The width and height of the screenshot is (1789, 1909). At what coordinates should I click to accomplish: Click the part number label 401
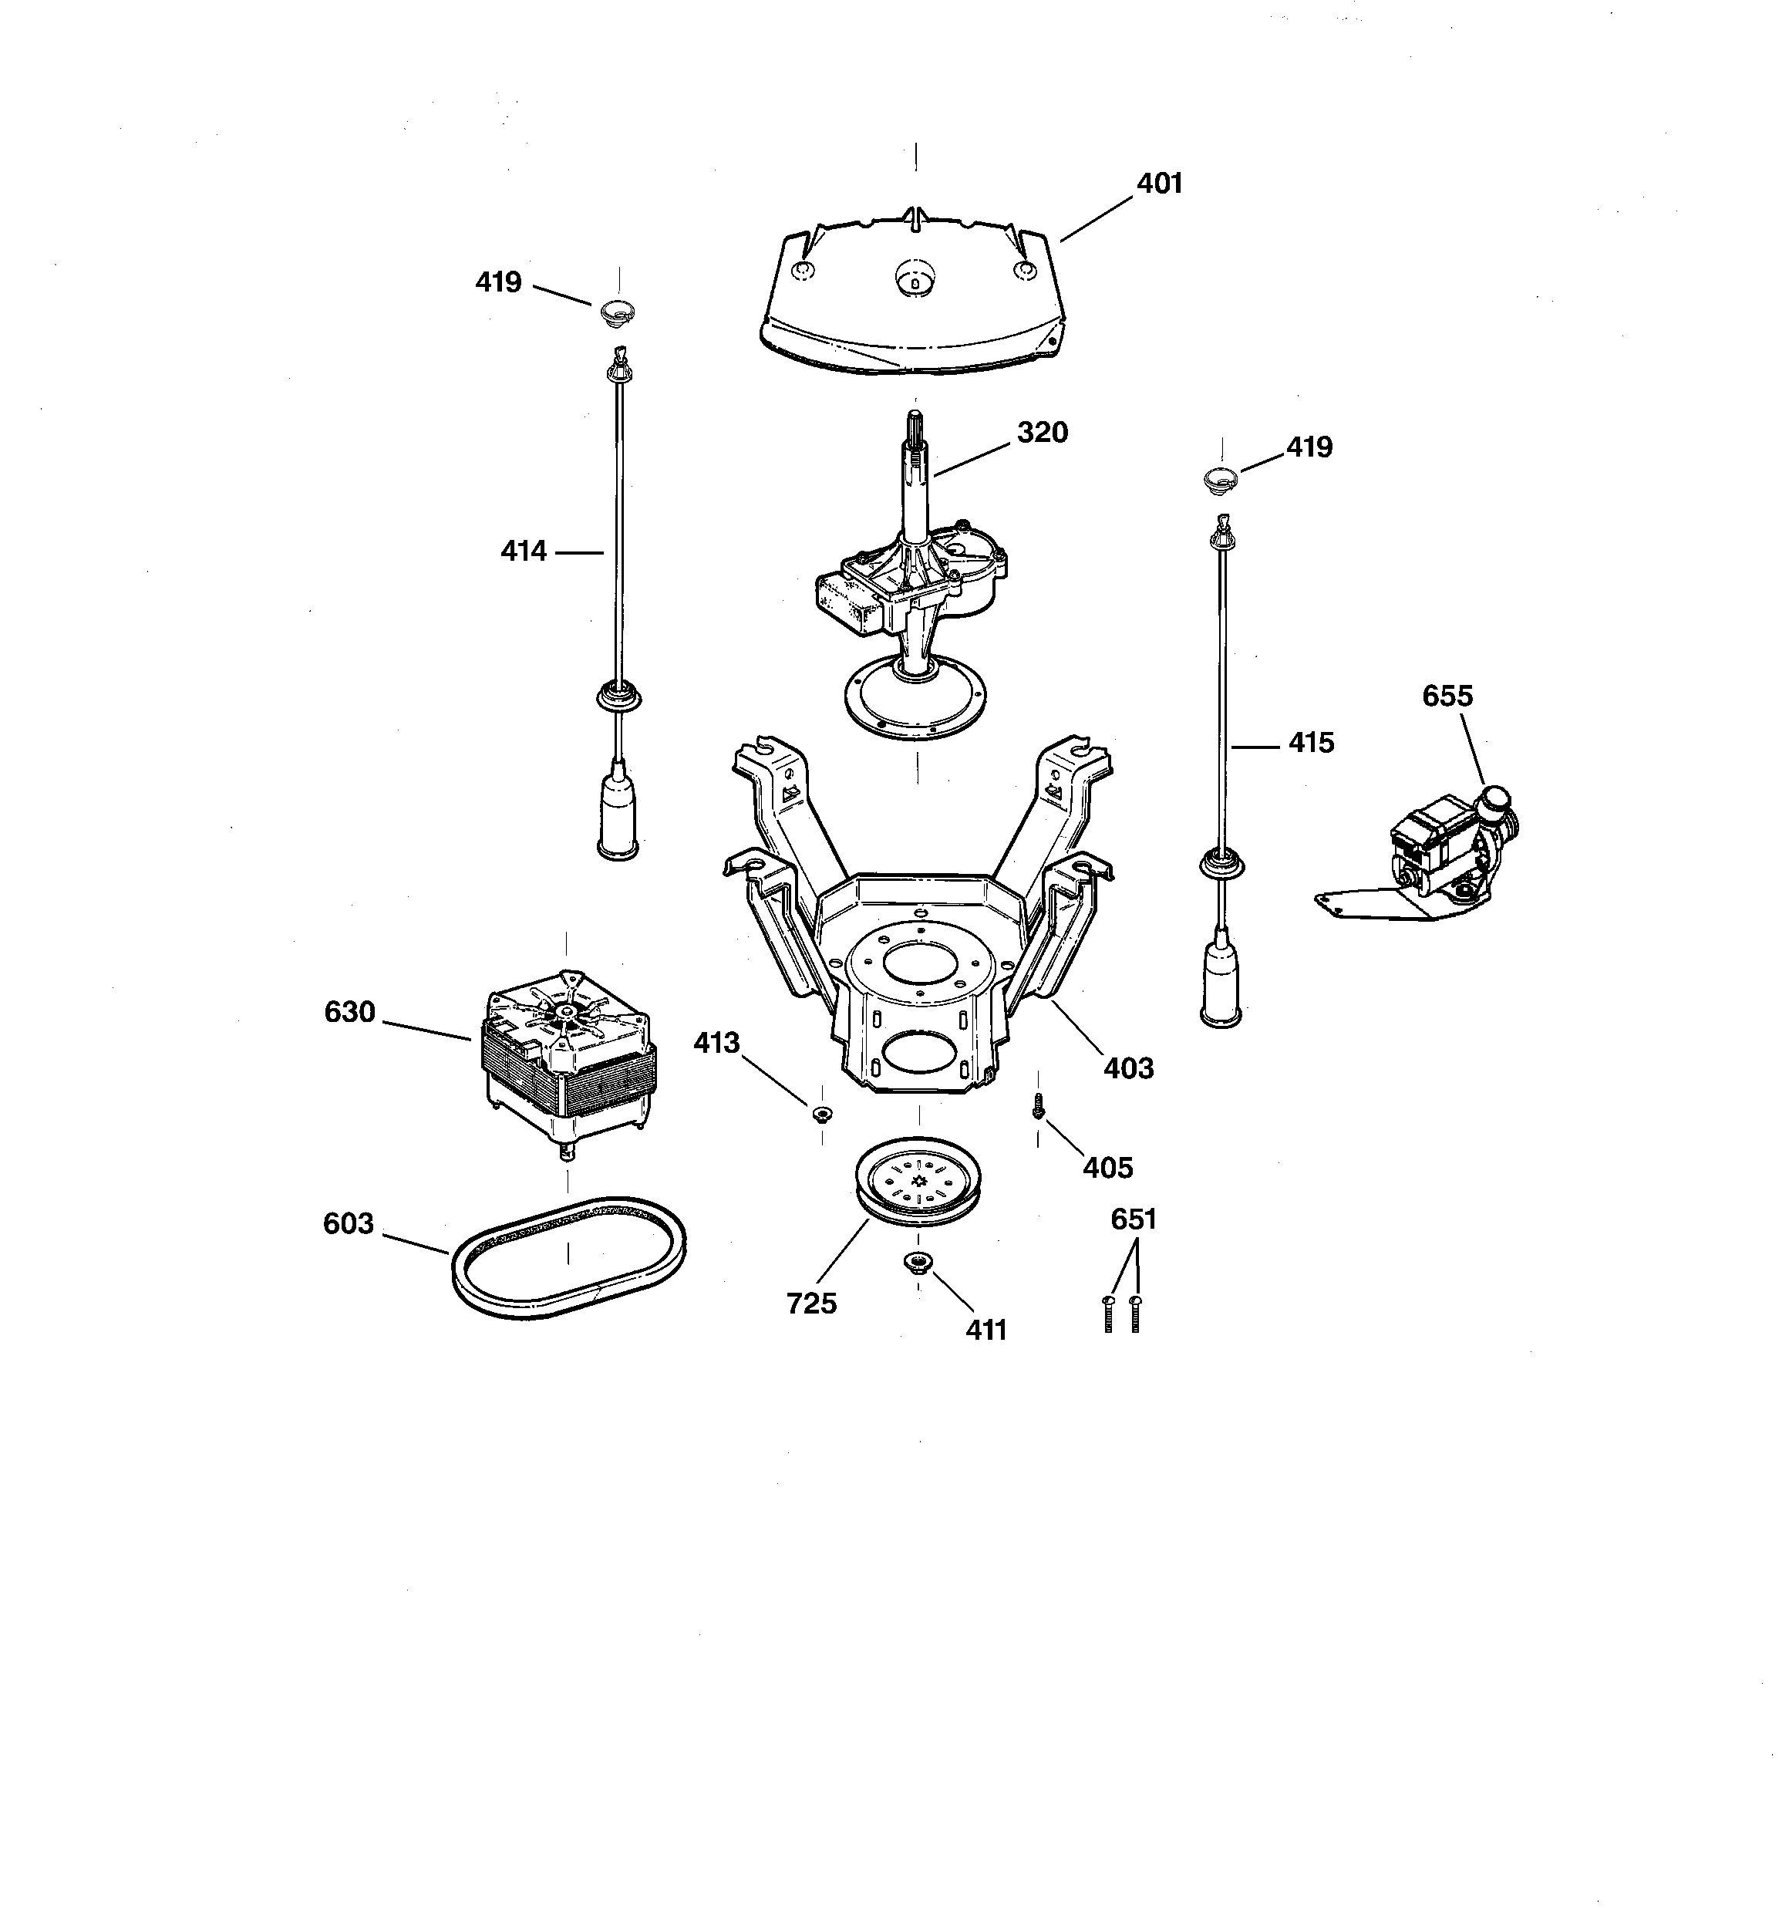[x=1159, y=184]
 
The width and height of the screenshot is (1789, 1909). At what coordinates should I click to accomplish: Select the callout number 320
[x=1042, y=432]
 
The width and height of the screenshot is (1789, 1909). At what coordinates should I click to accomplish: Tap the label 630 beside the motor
[x=349, y=1012]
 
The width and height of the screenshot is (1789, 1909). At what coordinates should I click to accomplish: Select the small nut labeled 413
[x=822, y=1114]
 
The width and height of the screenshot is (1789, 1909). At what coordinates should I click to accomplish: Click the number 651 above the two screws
[x=1133, y=1219]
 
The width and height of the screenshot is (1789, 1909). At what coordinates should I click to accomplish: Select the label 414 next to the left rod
[x=524, y=551]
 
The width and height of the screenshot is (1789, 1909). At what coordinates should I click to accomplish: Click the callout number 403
[x=1127, y=1067]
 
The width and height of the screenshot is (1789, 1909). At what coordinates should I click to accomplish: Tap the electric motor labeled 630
[x=567, y=1051]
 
